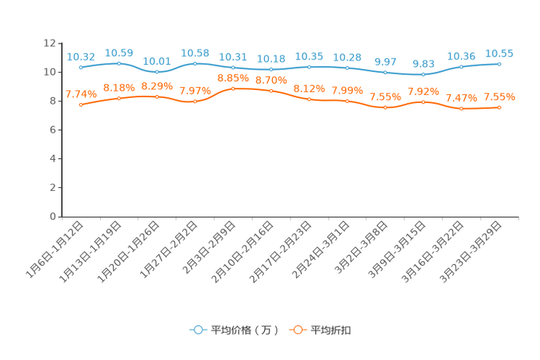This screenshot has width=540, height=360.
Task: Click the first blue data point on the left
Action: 81,67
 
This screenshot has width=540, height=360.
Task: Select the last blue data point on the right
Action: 499,64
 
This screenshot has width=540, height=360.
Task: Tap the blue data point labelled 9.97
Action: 385,72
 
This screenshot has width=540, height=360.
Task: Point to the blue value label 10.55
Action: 499,53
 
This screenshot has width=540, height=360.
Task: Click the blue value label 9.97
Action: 385,61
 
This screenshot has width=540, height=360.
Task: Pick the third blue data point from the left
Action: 157,71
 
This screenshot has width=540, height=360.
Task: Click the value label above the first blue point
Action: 81,56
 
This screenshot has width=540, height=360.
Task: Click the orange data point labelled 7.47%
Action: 461,109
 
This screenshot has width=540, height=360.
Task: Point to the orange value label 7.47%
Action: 461,98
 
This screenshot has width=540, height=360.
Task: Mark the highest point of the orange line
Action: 233,88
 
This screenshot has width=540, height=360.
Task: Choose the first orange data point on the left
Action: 81,105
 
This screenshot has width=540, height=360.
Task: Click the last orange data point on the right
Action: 499,107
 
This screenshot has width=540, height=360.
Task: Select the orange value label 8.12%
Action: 309,89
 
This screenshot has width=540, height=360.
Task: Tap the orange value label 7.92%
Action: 423,91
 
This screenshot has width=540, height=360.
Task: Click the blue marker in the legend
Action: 197,330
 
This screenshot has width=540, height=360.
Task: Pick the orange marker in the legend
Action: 297,330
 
